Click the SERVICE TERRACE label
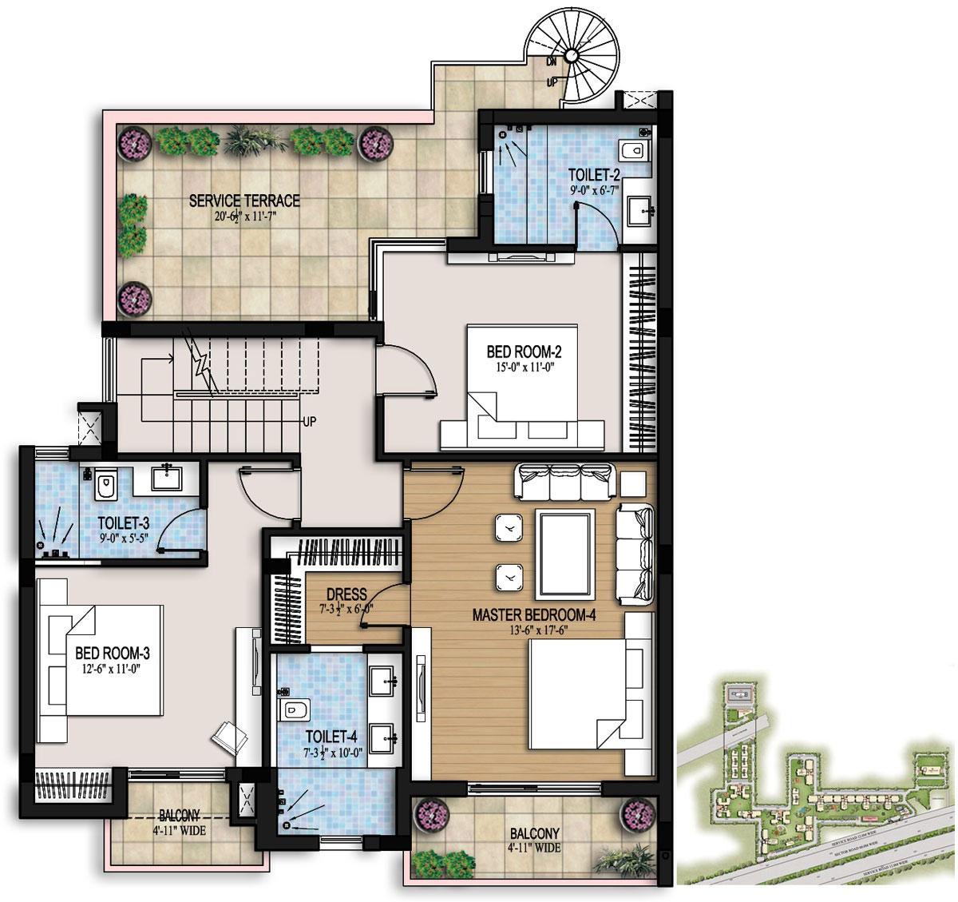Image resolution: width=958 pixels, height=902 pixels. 244,201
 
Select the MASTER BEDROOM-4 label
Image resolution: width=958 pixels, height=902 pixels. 534,615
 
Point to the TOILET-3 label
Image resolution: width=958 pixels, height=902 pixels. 124,523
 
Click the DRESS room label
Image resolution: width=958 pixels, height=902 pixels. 346,594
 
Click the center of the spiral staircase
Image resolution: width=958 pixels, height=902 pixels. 572,56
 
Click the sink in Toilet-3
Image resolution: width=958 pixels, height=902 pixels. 168,479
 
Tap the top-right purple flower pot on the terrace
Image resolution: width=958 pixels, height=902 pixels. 374,143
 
